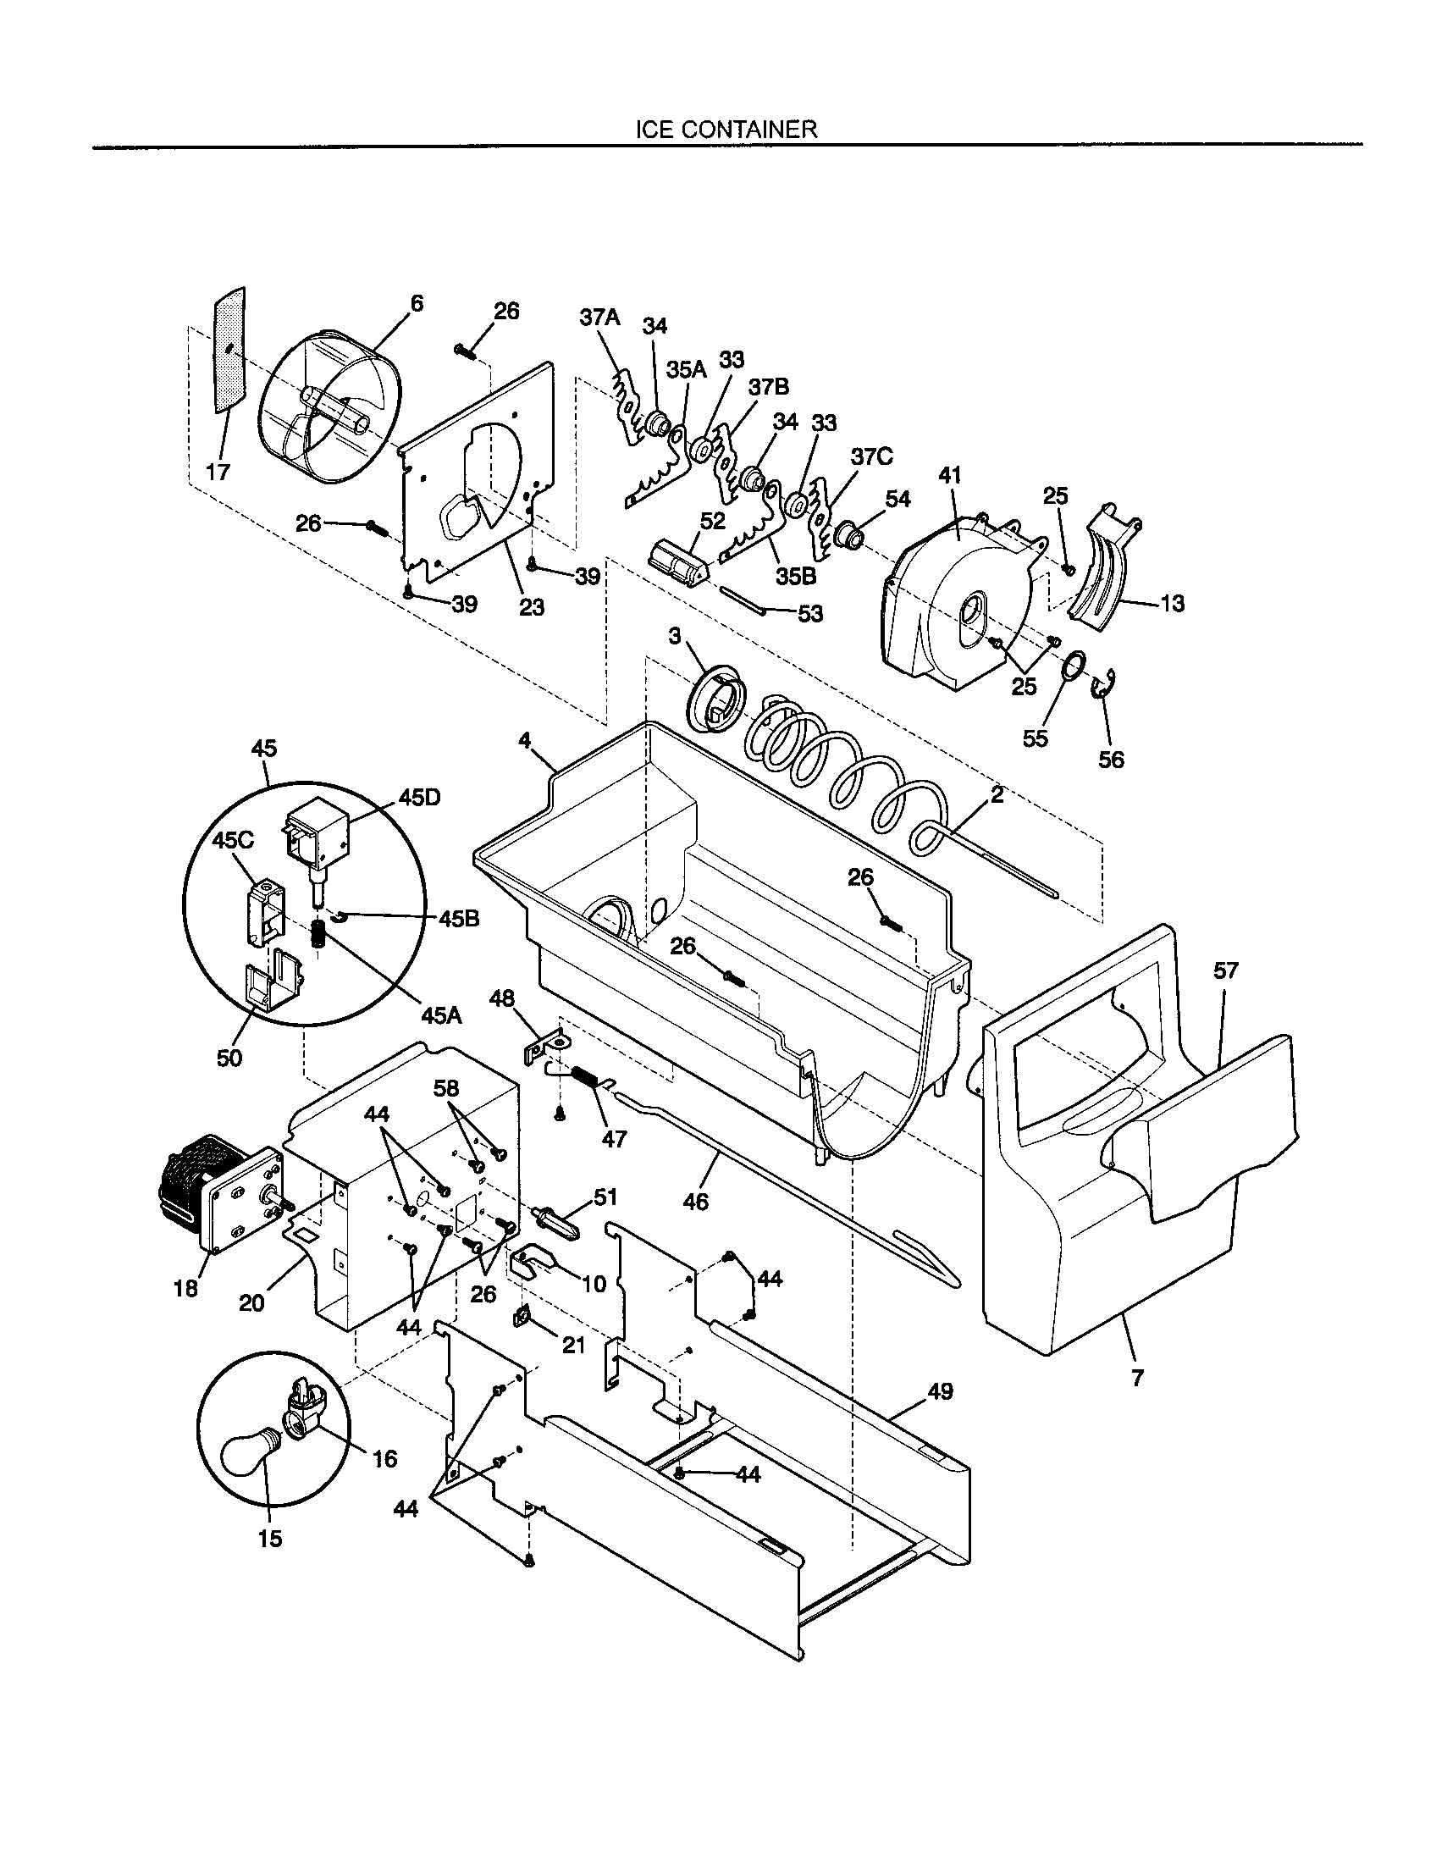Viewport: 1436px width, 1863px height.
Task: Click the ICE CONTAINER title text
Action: coord(726,129)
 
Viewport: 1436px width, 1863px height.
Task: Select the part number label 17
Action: coord(219,472)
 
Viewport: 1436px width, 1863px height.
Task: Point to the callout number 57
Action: coord(1225,970)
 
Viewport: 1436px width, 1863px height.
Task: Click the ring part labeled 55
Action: coord(1075,666)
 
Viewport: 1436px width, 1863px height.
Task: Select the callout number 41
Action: coord(949,475)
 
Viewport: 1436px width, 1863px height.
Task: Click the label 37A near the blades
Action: coord(599,318)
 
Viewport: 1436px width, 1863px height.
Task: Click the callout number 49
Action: coord(940,1391)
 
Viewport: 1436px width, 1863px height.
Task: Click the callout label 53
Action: coord(809,613)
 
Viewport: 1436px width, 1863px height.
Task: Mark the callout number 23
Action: coord(531,606)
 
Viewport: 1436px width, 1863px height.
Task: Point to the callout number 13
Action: coord(1173,603)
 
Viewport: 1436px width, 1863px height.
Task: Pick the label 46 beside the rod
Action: coord(696,1202)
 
